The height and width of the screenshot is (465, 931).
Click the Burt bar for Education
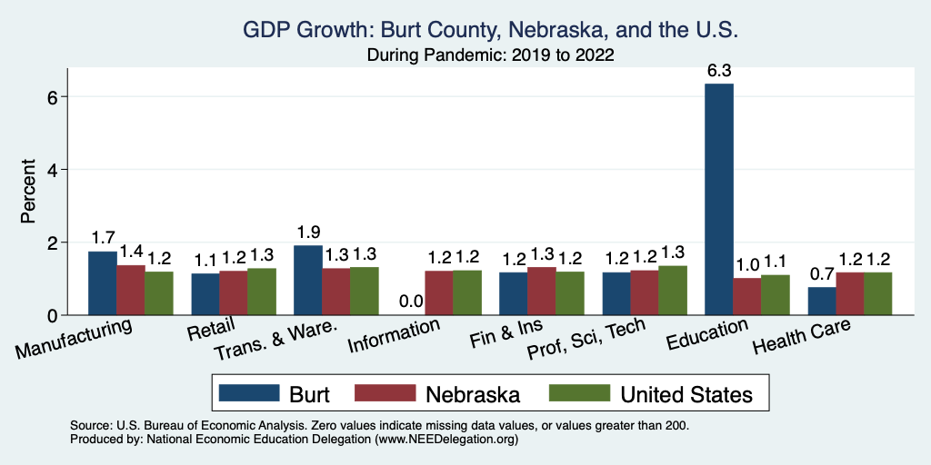tap(718, 200)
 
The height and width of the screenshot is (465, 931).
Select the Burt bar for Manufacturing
tap(102, 283)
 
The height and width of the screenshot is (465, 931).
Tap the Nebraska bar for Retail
tap(233, 293)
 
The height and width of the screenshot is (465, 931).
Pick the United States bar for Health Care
tap(877, 294)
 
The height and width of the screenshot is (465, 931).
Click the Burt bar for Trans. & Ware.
tap(307, 281)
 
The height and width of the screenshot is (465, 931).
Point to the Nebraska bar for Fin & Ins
tap(542, 292)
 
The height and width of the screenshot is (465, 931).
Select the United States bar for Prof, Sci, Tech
tap(672, 291)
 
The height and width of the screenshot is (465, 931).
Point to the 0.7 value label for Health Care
tap(821, 274)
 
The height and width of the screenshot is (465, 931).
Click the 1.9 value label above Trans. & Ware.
tap(307, 232)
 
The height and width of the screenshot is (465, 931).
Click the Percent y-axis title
tap(28, 192)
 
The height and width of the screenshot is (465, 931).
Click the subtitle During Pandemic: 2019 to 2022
tap(490, 54)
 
